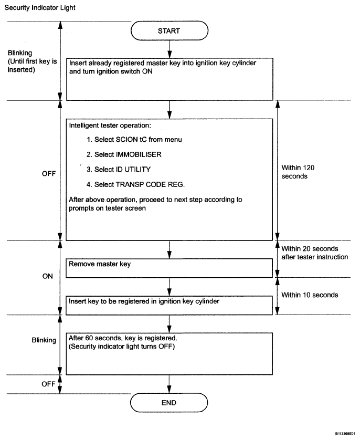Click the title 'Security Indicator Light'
pos(40,7)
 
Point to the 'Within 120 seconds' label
pos(298,172)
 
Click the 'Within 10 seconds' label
pos(310,295)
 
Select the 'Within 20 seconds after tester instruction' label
pos(314,253)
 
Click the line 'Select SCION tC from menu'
pos(134,140)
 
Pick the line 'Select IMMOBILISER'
pos(124,154)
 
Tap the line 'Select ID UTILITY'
pos(119,169)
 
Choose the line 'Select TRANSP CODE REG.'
pos(136,184)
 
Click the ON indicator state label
pos(48,276)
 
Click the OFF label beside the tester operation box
pos(49,174)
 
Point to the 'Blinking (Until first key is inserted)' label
pos(32,61)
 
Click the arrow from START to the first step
pos(170,49)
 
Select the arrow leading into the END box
pos(169,384)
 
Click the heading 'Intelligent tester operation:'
pos(110,125)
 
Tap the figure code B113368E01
pos(345,434)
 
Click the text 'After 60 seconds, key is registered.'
pos(123,338)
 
